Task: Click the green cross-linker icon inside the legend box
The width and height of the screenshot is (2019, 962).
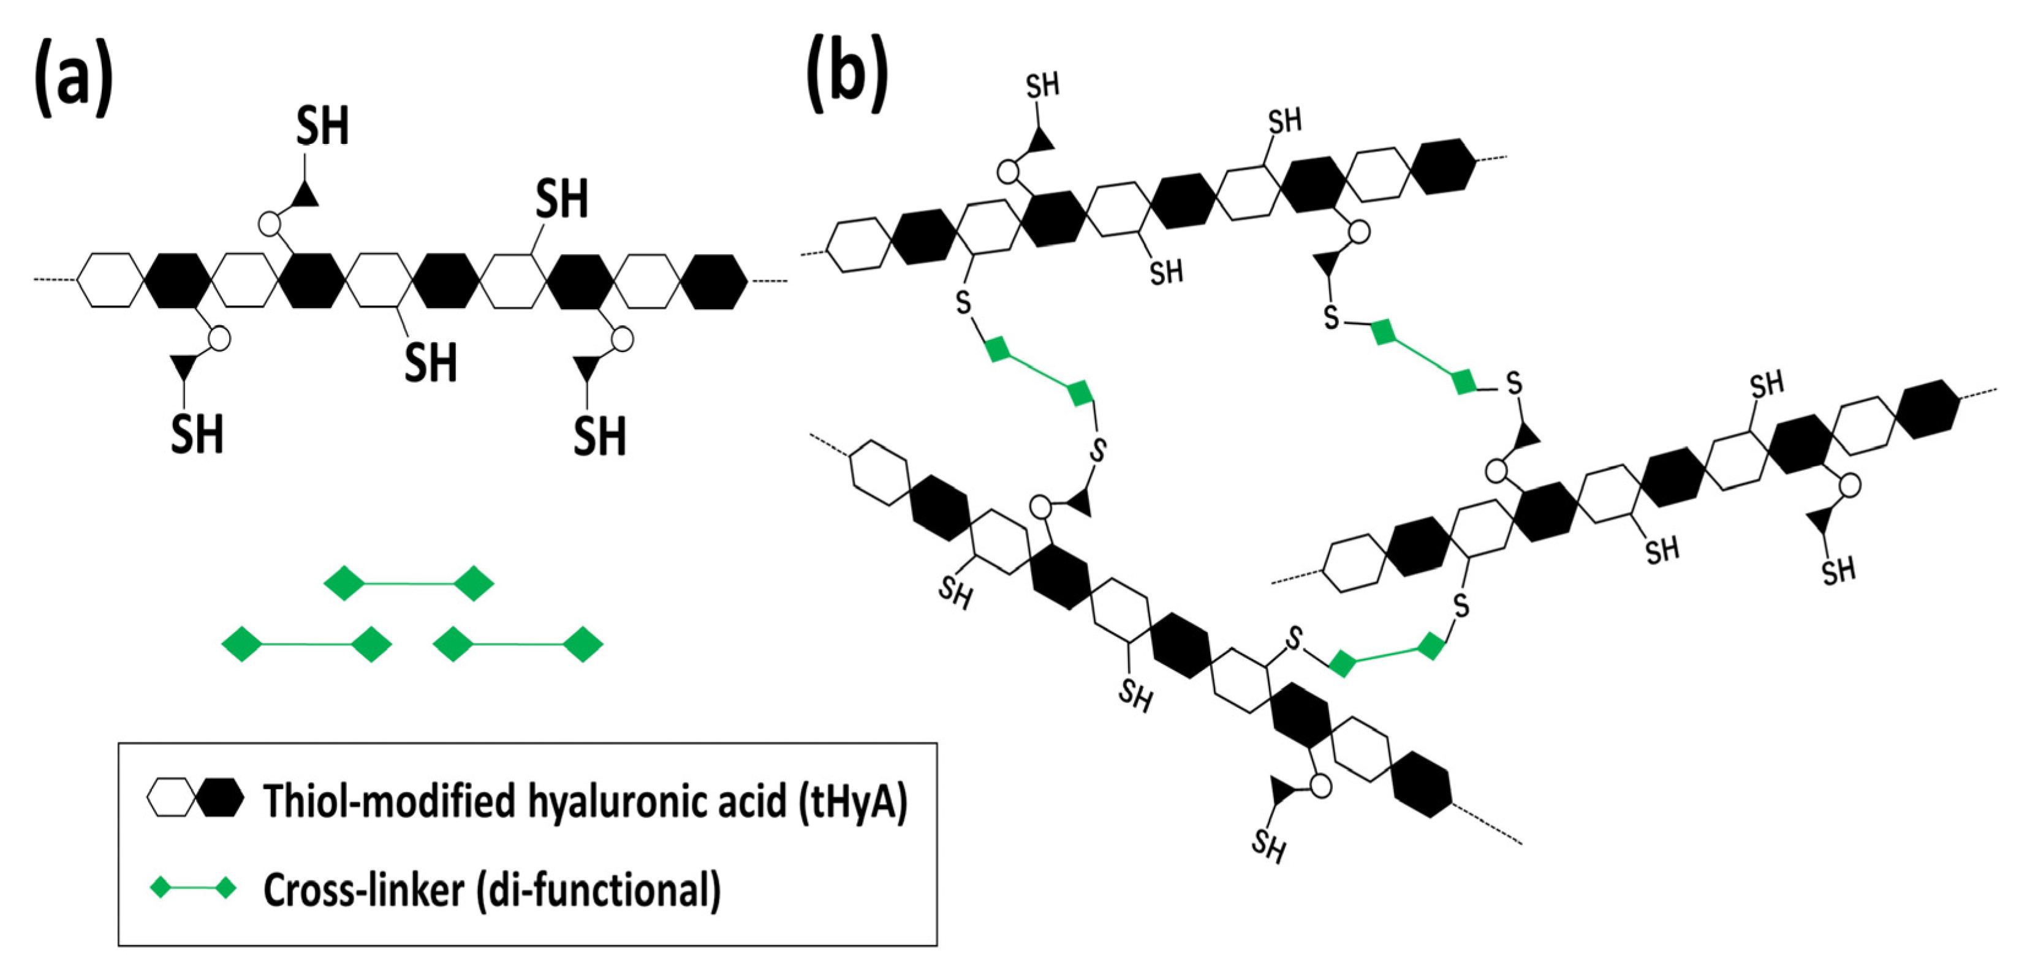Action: pos(194,889)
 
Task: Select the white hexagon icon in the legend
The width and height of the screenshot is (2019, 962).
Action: pos(170,799)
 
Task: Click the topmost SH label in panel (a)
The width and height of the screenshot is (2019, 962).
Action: pos(322,126)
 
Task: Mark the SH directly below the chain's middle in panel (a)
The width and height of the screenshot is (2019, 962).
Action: pos(430,362)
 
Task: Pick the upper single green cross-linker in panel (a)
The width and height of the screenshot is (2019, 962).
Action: pos(408,584)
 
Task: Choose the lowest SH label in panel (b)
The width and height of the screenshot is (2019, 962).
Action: pos(1268,847)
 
